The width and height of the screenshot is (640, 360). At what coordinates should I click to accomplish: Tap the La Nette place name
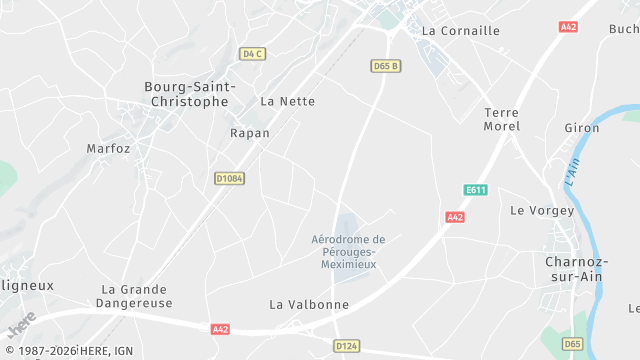click(x=287, y=101)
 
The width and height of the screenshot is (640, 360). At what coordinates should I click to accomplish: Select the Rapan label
click(x=250, y=133)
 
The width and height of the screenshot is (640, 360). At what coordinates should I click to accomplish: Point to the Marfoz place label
click(x=108, y=148)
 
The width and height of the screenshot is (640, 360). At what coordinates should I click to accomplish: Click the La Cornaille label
click(x=460, y=31)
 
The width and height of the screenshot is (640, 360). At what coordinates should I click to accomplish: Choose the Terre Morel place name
click(x=501, y=120)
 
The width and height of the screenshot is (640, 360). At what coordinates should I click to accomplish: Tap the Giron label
click(x=581, y=128)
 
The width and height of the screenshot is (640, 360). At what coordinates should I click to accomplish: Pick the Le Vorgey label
click(x=542, y=211)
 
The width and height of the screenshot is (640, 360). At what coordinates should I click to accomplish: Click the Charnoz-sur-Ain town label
click(x=573, y=269)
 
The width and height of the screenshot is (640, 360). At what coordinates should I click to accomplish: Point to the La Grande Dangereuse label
click(x=137, y=296)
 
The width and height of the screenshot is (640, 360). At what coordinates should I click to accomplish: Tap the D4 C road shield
click(x=252, y=53)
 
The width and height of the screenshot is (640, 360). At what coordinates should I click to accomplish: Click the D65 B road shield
click(x=385, y=66)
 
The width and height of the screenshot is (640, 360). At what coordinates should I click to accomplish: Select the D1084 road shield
click(x=229, y=178)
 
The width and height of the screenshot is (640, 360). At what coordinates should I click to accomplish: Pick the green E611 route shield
click(x=475, y=189)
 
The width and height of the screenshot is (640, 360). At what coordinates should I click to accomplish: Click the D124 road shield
click(x=346, y=345)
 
